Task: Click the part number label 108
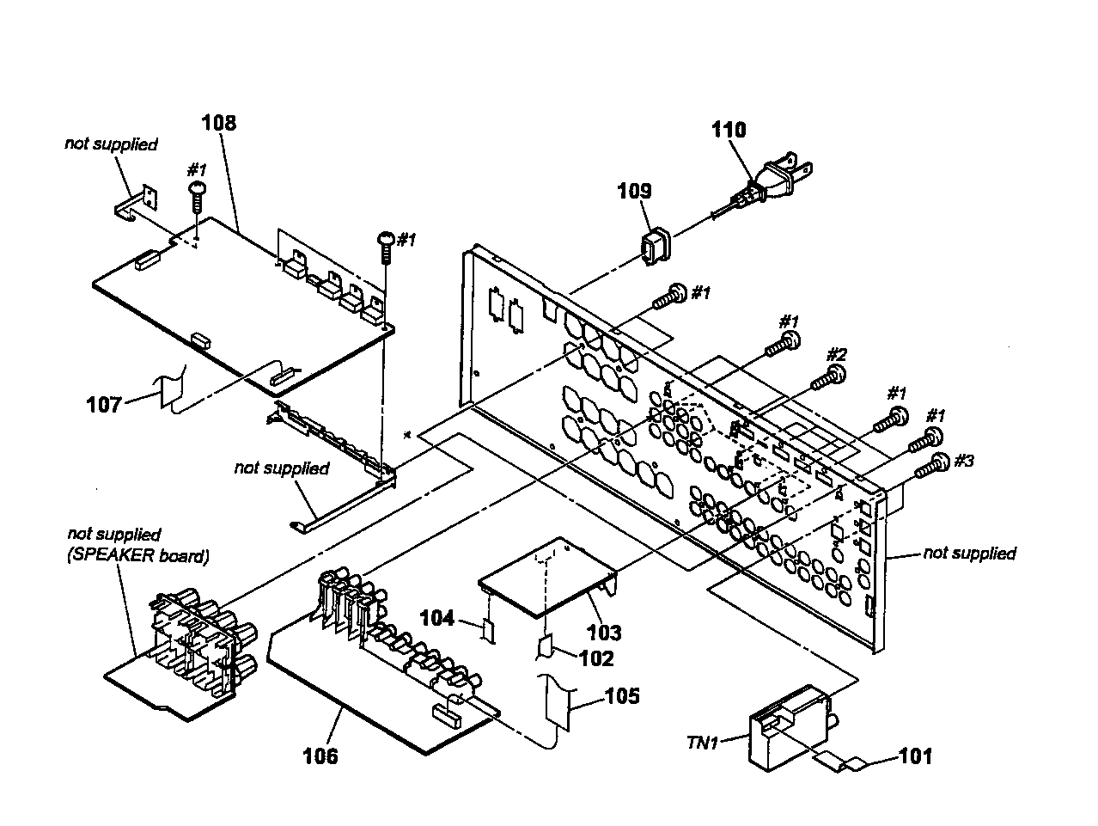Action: (219, 123)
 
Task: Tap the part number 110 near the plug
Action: (729, 130)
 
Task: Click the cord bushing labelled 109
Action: (656, 246)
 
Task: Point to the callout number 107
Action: (104, 404)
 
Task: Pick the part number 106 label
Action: (320, 756)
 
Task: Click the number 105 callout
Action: (622, 696)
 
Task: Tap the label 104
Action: (437, 618)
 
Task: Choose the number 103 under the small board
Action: (604, 633)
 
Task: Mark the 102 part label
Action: (596, 658)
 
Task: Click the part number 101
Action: (916, 756)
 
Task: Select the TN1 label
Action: (703, 743)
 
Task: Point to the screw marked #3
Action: (932, 467)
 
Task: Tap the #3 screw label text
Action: (964, 461)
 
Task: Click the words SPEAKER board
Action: (138, 556)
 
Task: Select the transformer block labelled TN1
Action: (790, 727)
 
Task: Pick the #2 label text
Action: (836, 355)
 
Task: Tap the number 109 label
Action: (634, 191)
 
